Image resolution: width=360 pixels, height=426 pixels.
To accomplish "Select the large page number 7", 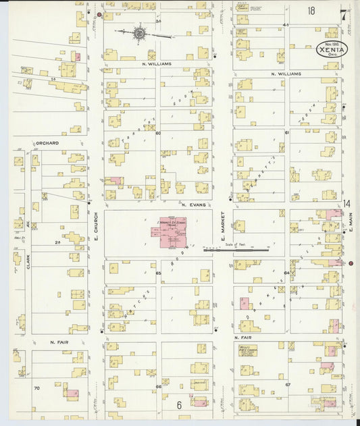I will coord(344,14).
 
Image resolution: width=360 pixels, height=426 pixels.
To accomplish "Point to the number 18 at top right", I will coord(311,11).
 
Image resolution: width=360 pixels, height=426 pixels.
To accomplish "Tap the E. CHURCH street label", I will coord(96,228).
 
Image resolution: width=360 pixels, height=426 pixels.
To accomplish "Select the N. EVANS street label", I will coord(192,203).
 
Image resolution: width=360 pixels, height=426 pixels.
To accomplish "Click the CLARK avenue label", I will coord(28,263).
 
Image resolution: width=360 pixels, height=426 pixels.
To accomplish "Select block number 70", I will coord(37,388).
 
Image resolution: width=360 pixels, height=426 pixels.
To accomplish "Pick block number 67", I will coord(287,384).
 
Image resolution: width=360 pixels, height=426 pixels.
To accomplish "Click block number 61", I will coord(287,133).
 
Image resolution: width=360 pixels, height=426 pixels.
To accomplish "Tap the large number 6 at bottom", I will coord(180,405).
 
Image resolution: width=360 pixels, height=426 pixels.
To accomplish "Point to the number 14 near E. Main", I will coord(346,204).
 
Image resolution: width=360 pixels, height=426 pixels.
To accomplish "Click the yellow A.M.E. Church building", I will coord(246,350).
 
